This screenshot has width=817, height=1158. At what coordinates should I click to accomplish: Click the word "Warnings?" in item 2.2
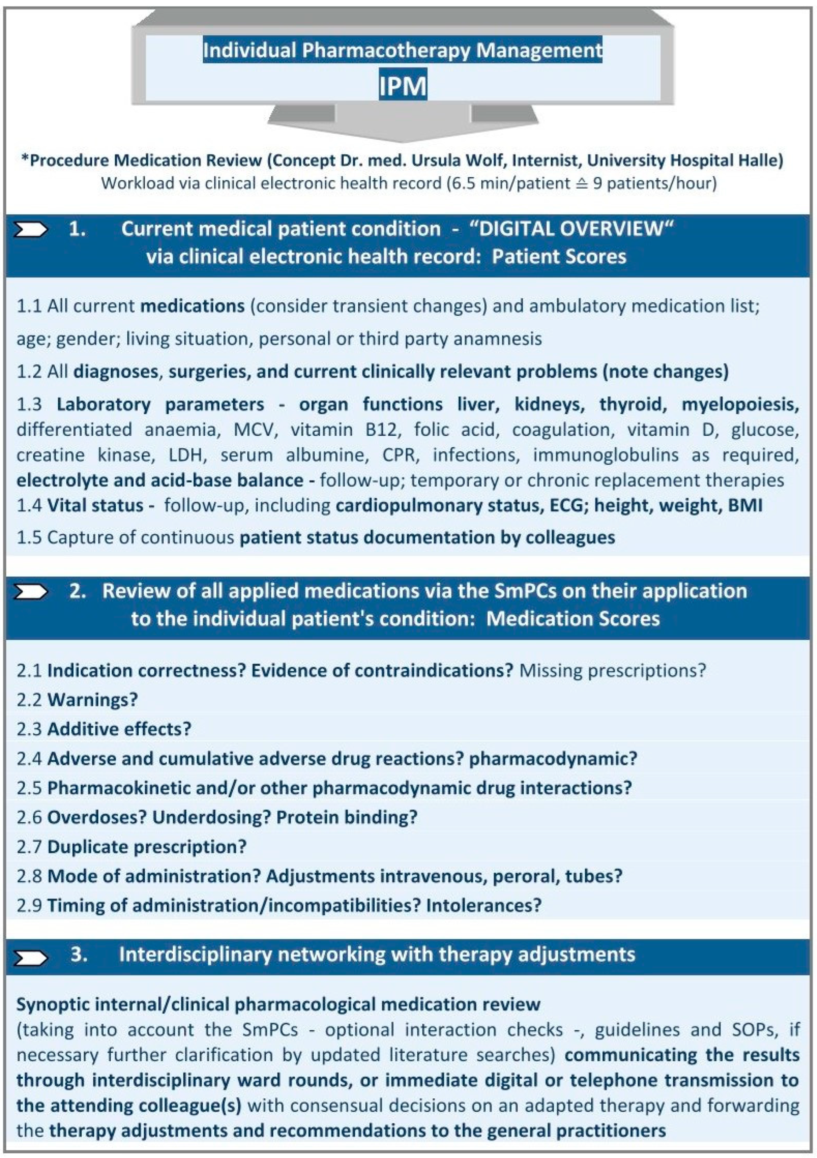pyautogui.click(x=92, y=699)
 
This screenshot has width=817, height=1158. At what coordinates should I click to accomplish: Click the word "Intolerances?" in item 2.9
pyautogui.click(x=483, y=905)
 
